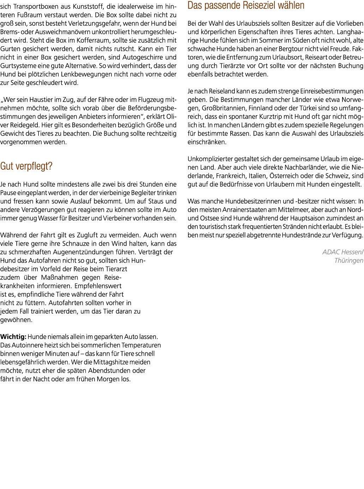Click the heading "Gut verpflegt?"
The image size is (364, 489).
click(x=26, y=167)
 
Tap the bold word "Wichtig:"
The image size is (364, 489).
click(x=13, y=337)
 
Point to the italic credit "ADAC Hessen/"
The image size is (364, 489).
click(x=342, y=252)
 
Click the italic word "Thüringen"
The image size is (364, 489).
click(x=348, y=261)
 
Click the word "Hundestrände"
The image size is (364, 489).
click(x=301, y=235)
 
